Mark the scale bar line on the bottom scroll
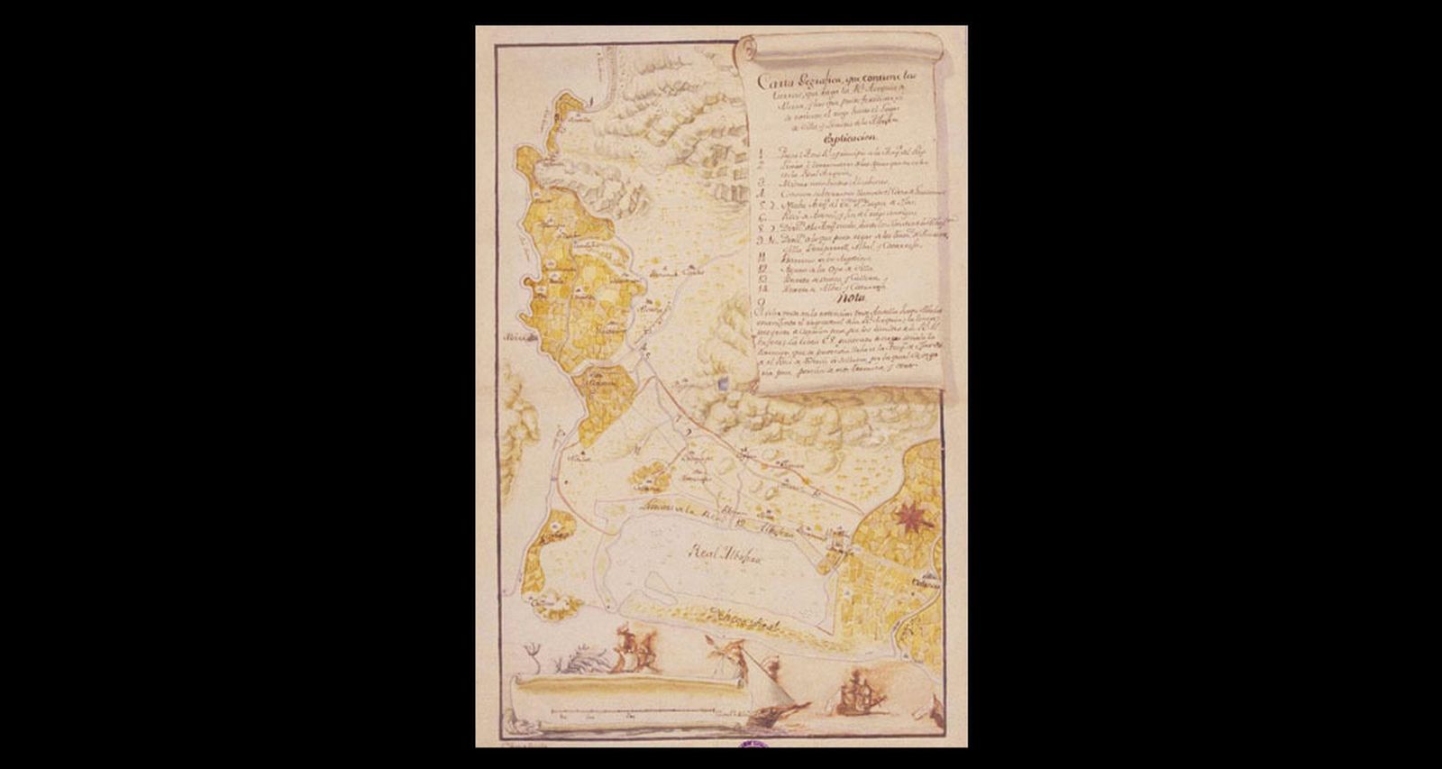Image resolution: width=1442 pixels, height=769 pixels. tap(631, 714)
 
